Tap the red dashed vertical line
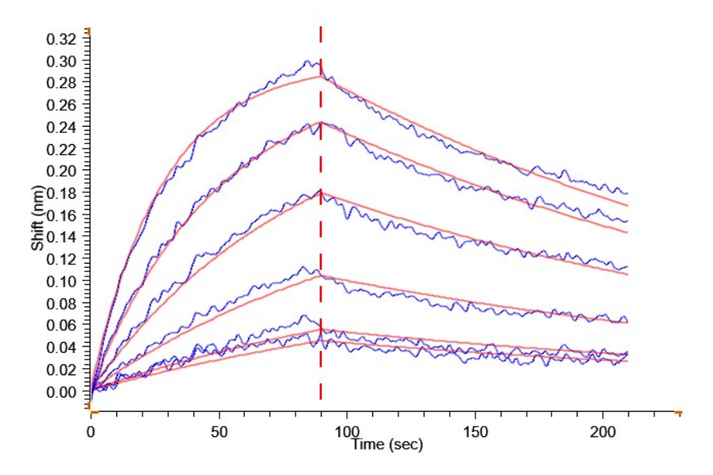pyautogui.click(x=321, y=237)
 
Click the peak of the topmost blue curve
pyautogui.click(x=310, y=60)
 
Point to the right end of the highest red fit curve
pyautogui.click(x=627, y=205)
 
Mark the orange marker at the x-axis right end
pyautogui.click(x=678, y=412)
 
